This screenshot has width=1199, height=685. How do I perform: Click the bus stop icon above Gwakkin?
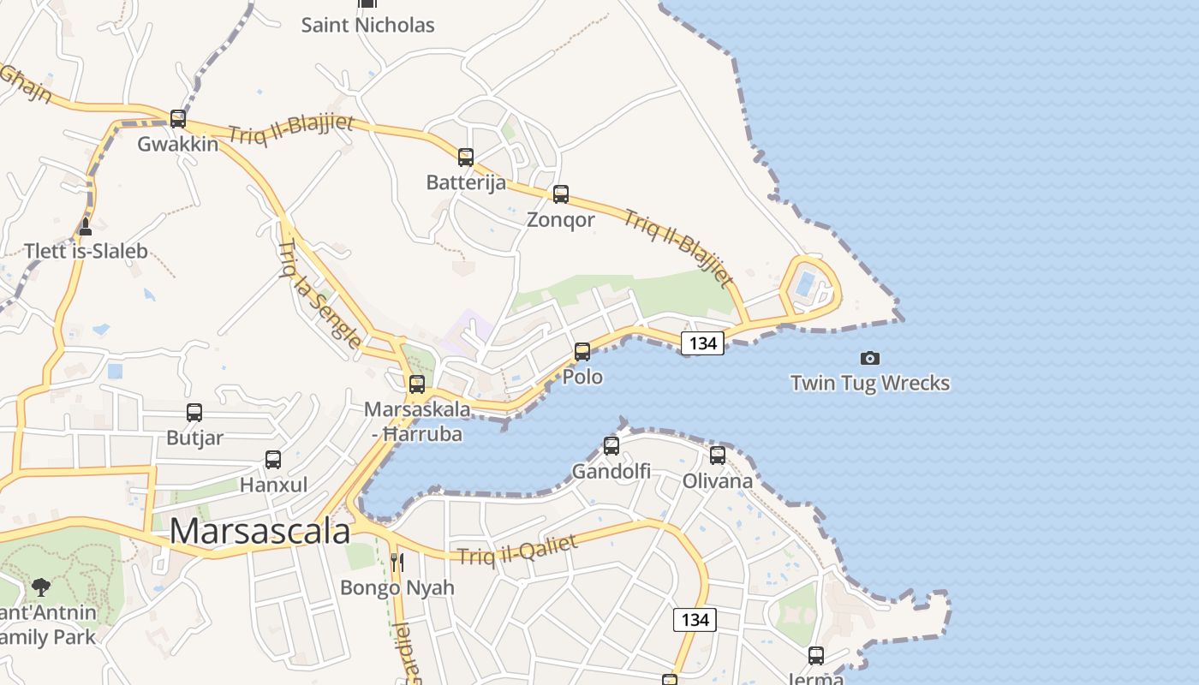178,118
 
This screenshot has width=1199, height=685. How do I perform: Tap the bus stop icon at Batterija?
466,158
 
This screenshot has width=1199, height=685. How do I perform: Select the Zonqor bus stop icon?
561,194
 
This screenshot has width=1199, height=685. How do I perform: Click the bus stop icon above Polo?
582,351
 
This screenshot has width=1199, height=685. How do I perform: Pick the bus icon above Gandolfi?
611,445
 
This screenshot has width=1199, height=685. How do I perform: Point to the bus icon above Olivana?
718,455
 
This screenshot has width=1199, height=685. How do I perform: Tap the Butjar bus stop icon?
194,413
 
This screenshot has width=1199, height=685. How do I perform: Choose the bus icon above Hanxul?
273,460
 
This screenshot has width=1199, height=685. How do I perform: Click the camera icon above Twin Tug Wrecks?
870,358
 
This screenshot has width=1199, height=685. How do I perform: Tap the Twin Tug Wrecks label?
870,383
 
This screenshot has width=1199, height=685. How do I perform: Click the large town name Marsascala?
259,531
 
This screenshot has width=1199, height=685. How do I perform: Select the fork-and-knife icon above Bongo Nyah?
397,563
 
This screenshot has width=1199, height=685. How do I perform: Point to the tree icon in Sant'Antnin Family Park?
40,587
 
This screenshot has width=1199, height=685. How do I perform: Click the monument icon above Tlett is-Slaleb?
85,227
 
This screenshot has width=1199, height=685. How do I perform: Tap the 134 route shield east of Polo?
703,343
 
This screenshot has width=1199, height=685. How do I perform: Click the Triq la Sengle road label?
319,294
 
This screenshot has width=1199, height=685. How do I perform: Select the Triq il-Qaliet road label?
517,549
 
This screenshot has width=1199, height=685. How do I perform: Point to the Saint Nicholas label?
368,25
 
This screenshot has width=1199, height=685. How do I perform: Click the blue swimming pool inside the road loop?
805,283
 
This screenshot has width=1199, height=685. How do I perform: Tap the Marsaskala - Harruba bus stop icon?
417,384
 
